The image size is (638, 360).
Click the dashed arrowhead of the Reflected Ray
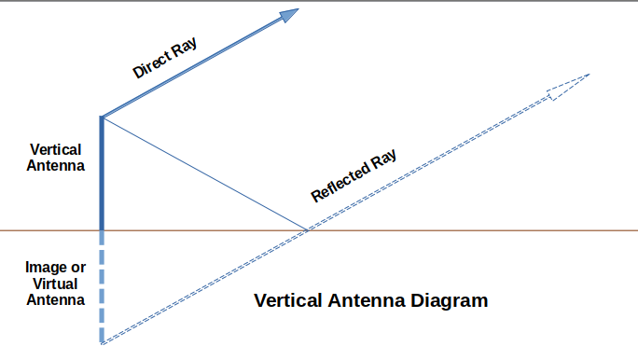(568, 84)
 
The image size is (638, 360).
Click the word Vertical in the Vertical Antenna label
(56, 149)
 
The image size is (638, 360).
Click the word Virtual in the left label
(56, 284)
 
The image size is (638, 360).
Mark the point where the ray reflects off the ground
(308, 229)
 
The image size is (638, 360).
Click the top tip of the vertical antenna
(101, 118)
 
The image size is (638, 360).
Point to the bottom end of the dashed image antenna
(101, 343)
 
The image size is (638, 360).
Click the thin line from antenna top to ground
(205, 174)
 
